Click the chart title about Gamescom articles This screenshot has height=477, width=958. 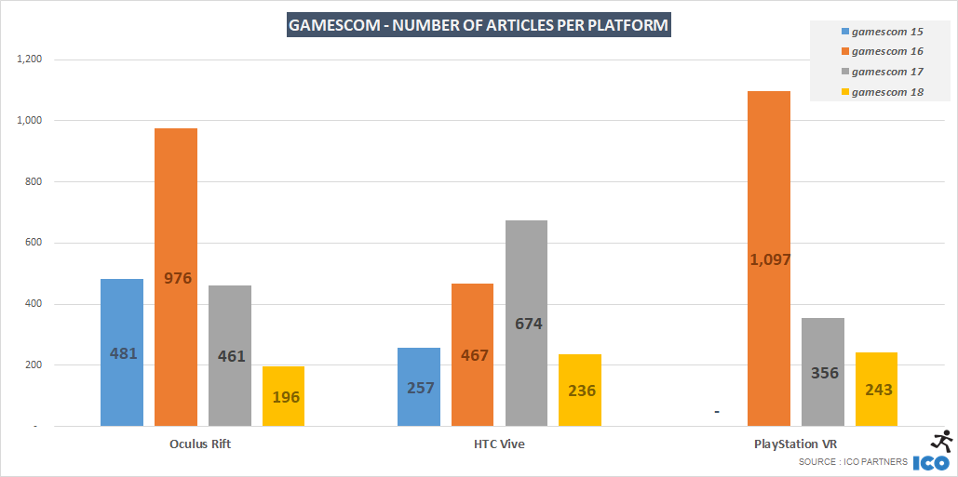coord(479,25)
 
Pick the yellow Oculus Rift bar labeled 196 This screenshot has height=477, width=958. coord(284,396)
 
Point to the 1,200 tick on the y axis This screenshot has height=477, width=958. coord(31,60)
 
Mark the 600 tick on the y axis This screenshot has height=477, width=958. coord(34,243)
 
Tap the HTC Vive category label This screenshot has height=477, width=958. coord(499,444)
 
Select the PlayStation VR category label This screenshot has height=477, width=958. coord(796,444)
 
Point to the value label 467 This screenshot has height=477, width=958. coord(473,355)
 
